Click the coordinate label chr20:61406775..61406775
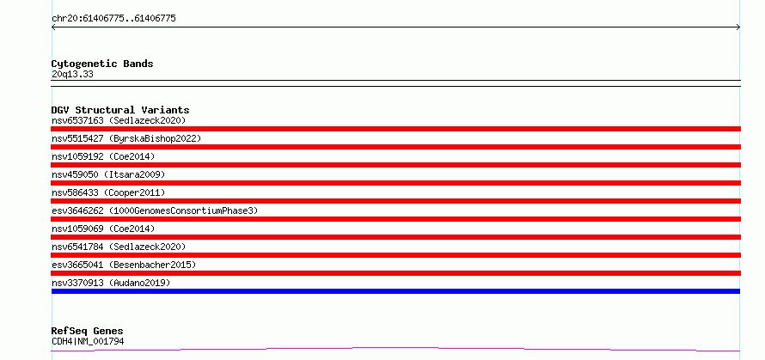113,19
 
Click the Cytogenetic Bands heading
102,64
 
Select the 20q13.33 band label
72,75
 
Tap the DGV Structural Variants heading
120,110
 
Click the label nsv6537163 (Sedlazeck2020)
119,120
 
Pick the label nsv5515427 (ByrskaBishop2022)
126,138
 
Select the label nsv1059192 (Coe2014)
103,156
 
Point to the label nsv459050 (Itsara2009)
108,174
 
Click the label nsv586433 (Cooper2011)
108,192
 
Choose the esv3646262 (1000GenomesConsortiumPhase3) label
155,211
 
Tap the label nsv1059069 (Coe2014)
103,229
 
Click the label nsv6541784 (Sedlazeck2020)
119,247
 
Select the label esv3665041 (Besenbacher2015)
124,265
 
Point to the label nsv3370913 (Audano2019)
111,283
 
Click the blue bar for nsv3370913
395,291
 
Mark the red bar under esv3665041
395,273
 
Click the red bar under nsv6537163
395,129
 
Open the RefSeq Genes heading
88,332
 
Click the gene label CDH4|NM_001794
88,341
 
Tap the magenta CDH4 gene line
395,348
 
